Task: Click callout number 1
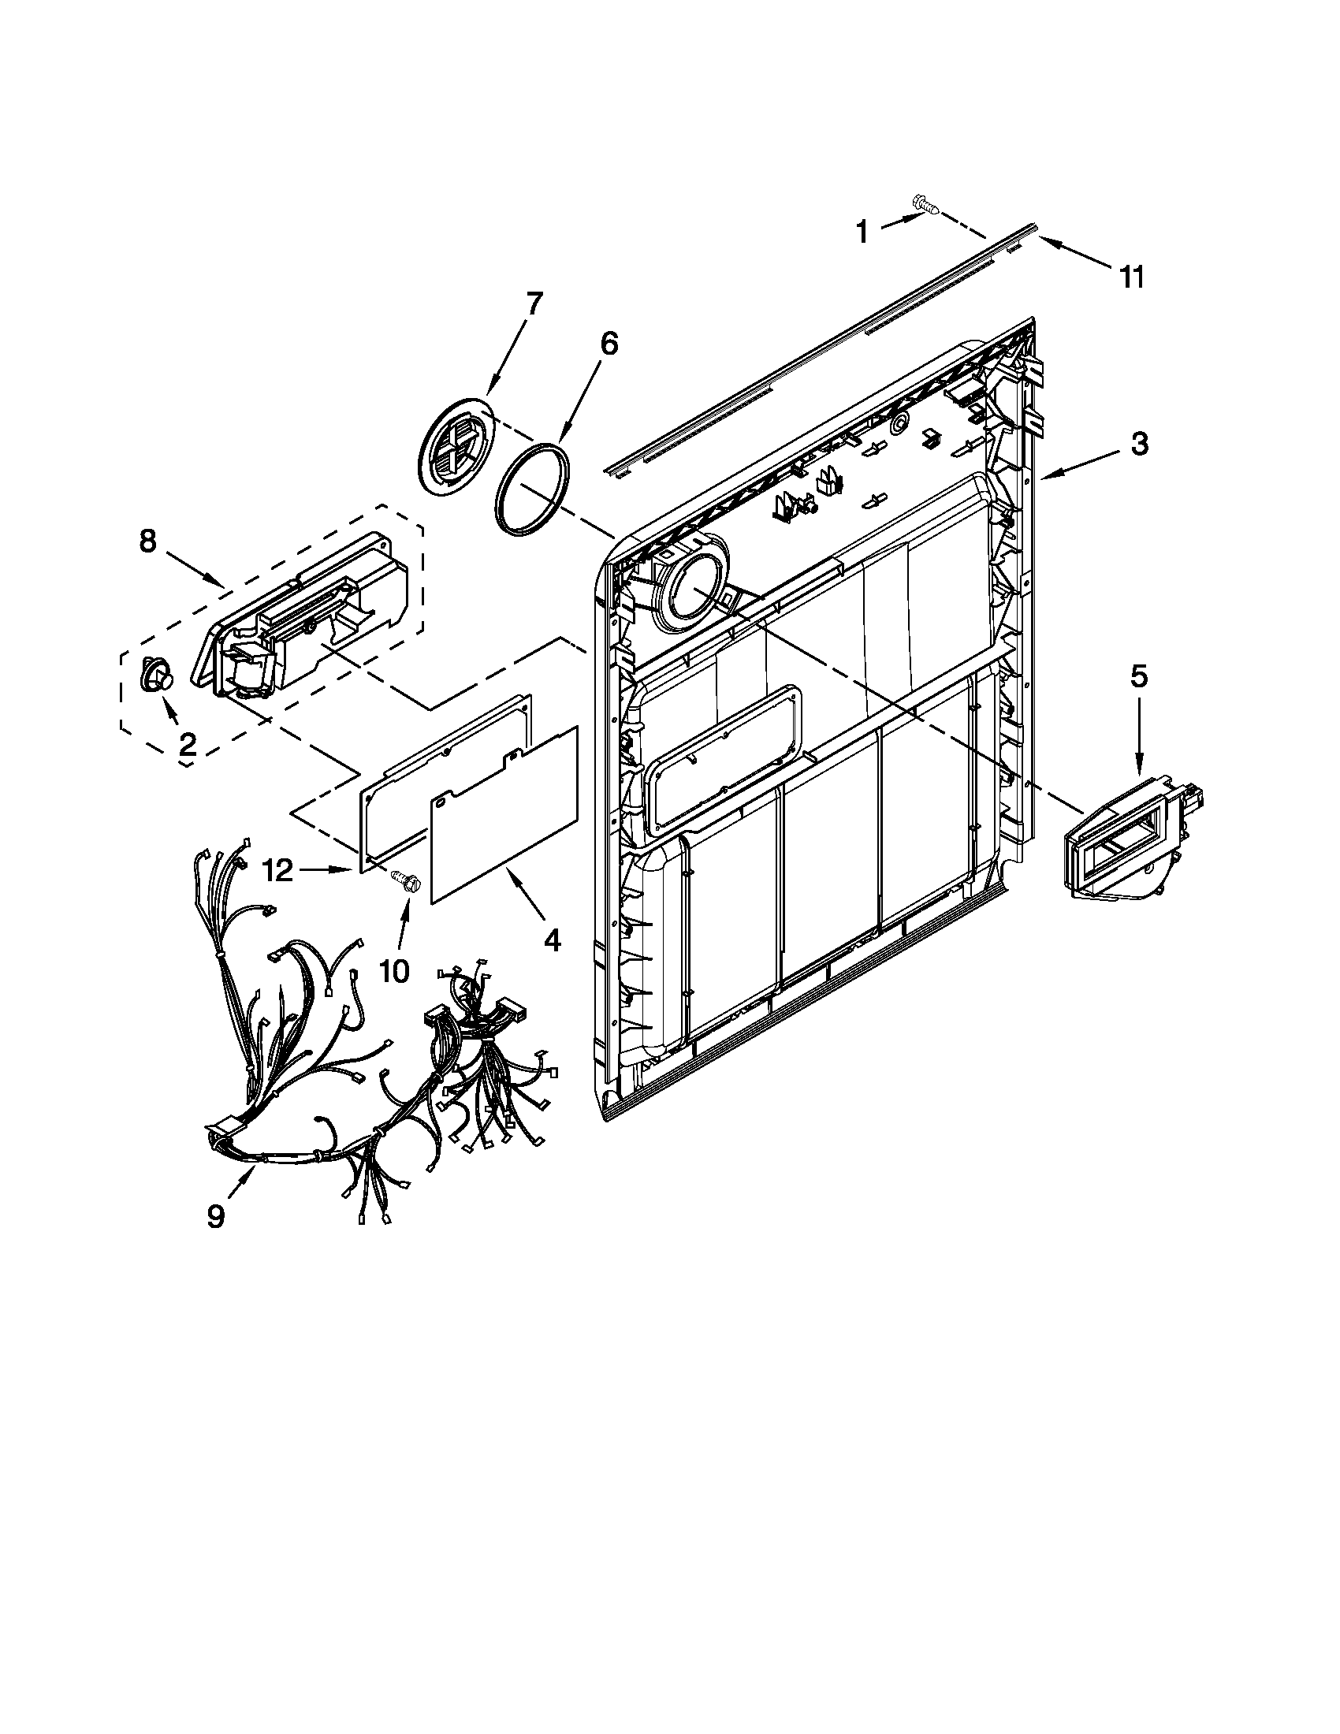(x=862, y=233)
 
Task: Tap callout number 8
(x=147, y=541)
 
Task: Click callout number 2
(x=188, y=744)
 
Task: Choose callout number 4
(x=552, y=940)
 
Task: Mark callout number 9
(x=216, y=1216)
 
